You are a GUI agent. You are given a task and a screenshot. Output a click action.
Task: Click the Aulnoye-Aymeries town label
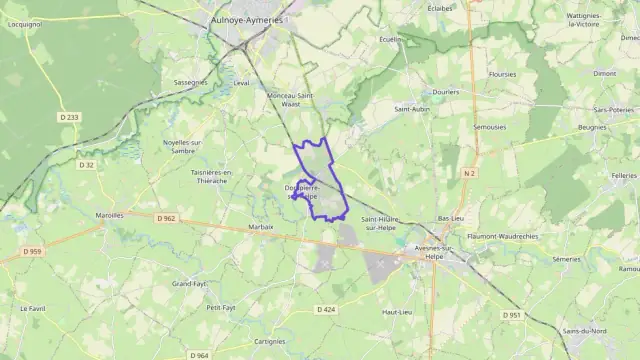[248, 19]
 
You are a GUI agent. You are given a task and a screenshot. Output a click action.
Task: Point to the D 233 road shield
[69, 117]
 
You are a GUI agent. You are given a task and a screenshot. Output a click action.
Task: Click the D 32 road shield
[87, 165]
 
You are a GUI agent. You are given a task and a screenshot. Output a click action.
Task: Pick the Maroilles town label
[109, 215]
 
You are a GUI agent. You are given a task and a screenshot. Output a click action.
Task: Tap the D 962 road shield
[166, 218]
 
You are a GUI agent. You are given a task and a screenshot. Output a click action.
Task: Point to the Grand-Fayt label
[189, 284]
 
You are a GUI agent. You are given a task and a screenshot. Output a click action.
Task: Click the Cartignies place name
[270, 341]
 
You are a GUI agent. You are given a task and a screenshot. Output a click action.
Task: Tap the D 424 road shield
[326, 310]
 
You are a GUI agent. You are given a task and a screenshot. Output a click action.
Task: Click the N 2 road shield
[469, 173]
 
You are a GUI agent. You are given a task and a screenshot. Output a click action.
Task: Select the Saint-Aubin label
[411, 109]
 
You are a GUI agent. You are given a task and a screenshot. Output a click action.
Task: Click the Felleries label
[621, 175]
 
